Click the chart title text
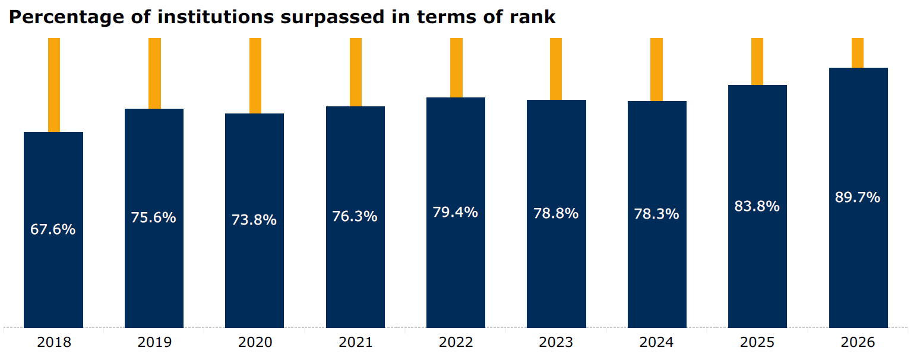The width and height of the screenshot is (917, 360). tap(282, 17)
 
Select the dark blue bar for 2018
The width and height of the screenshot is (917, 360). tap(53, 230)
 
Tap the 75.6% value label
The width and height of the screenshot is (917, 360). tap(153, 217)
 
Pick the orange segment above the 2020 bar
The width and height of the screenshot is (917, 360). tap(255, 76)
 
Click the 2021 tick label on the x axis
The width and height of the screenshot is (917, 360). tap(355, 342)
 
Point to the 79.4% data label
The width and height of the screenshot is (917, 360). tap(455, 212)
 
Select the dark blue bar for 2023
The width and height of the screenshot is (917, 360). tap(556, 214)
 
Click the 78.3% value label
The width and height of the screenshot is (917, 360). tap(657, 214)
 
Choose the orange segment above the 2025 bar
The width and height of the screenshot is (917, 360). tap(757, 61)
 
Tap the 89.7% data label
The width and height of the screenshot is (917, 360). tap(858, 197)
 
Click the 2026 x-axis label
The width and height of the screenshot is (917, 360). tap(858, 342)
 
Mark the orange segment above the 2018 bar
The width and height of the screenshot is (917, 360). tap(54, 85)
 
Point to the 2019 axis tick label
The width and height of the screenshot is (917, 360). tap(154, 342)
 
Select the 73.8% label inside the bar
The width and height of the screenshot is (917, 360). tap(254, 220)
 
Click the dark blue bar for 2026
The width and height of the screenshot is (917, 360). tap(858, 198)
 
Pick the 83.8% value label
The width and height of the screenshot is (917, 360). tap(757, 206)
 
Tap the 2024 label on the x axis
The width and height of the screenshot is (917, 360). tap(657, 342)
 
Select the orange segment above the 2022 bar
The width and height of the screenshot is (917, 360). tap(457, 68)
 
